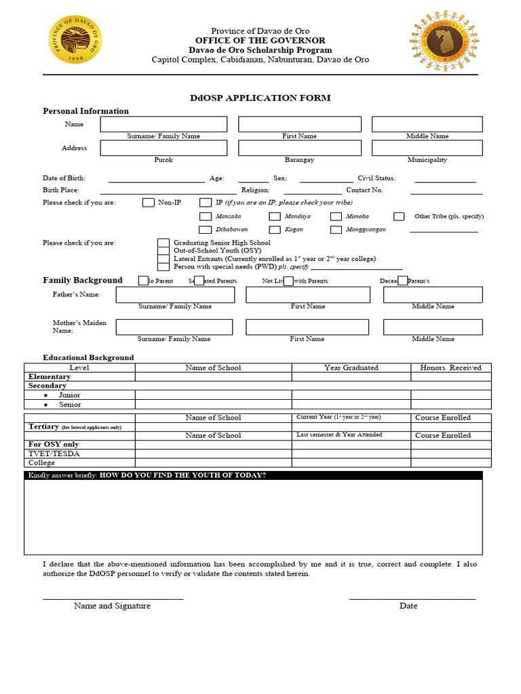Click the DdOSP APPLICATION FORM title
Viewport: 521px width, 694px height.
click(260, 98)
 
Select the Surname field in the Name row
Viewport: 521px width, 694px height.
click(163, 124)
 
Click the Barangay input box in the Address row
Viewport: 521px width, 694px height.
click(299, 148)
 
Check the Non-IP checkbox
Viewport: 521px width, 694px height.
click(149, 202)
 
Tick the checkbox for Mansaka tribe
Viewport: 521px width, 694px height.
click(206, 216)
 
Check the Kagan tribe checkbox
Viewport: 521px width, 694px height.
click(275, 230)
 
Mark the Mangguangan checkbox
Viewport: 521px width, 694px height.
click(336, 230)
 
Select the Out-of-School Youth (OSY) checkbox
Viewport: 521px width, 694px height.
click(163, 251)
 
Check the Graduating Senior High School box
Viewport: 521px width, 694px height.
click(163, 243)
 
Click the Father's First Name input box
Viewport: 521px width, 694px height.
click(307, 295)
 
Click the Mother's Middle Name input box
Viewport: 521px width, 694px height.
click(433, 327)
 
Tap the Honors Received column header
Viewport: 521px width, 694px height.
click(450, 367)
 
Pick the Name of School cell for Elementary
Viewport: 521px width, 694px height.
click(213, 377)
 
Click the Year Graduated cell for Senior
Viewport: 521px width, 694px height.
click(351, 405)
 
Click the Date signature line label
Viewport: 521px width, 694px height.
click(408, 606)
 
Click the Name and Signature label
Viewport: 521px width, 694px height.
click(112, 606)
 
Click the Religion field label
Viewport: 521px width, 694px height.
click(255, 190)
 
